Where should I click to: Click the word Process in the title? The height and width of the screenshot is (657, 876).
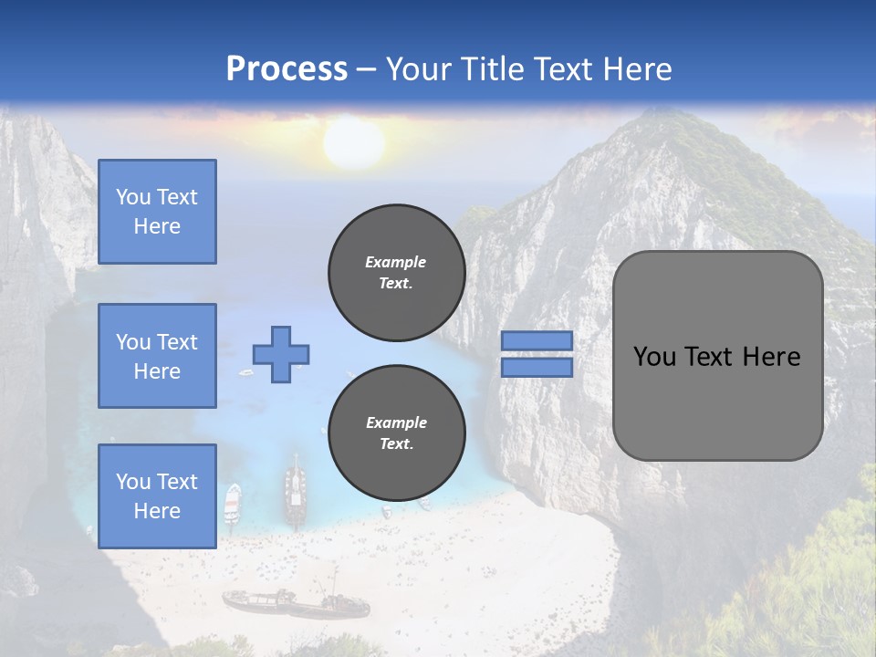[x=287, y=69]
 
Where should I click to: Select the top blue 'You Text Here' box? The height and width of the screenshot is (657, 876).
[x=157, y=212]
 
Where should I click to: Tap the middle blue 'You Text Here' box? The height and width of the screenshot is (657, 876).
[x=157, y=356]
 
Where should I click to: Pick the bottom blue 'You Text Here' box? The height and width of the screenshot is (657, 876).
[x=157, y=495]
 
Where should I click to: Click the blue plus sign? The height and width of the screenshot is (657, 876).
[x=281, y=354]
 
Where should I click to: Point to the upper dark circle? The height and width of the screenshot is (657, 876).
[x=396, y=272]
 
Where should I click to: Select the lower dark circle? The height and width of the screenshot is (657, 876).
[x=396, y=433]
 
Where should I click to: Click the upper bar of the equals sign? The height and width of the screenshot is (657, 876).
[x=537, y=340]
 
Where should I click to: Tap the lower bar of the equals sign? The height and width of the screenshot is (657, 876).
[x=537, y=367]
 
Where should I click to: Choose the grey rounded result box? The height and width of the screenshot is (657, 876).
[x=717, y=356]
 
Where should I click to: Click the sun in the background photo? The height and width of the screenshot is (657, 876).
[x=353, y=144]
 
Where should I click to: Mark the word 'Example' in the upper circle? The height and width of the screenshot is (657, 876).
[x=396, y=262]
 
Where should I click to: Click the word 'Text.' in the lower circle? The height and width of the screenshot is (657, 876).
[x=396, y=444]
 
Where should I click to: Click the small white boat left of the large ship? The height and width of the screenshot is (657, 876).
[x=233, y=499]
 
